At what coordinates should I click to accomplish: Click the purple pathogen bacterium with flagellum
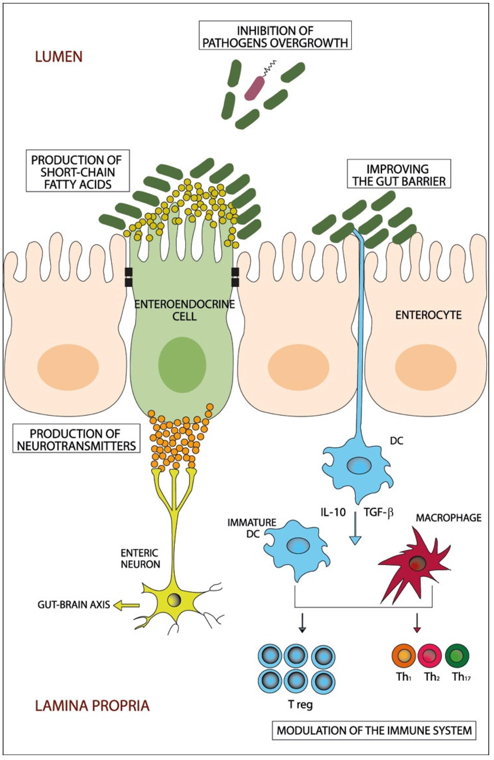254,88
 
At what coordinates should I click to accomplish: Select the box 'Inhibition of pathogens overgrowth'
275,35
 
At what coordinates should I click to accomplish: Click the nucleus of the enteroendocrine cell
182,364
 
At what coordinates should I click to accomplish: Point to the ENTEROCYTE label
428,315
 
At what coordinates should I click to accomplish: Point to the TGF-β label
379,513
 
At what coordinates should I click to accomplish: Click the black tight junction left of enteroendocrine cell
128,277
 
